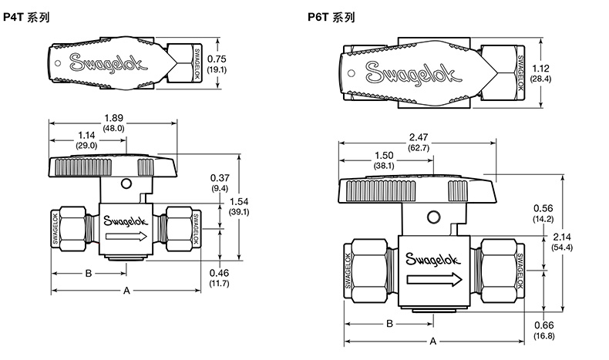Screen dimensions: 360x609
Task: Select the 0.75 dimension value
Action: click(218, 59)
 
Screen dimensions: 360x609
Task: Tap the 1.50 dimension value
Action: click(384, 155)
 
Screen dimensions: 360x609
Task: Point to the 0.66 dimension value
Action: click(544, 325)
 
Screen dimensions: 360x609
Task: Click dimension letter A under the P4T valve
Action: click(126, 290)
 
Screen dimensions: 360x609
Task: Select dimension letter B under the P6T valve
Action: click(389, 323)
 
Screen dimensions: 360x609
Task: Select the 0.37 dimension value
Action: click(219, 178)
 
